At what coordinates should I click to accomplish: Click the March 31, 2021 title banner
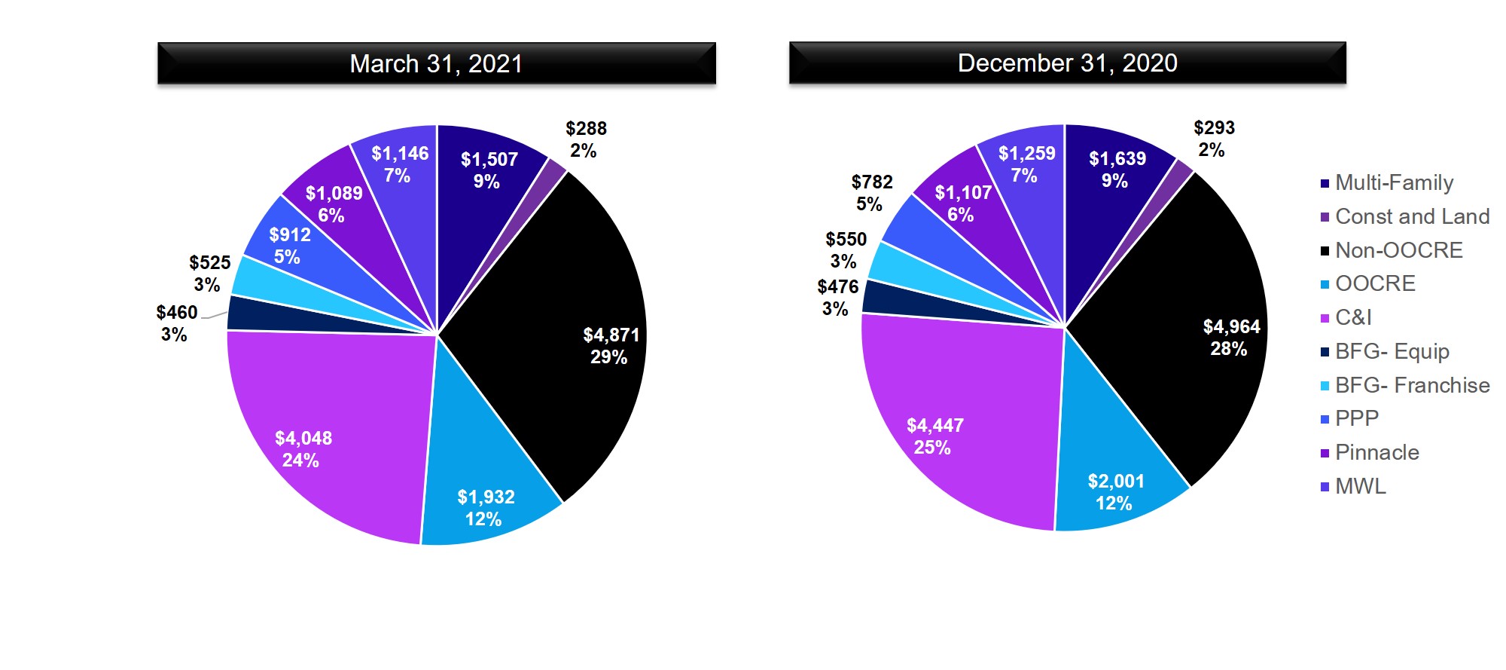click(436, 63)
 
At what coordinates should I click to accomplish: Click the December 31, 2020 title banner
click(1067, 63)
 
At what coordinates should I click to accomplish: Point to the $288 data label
click(586, 129)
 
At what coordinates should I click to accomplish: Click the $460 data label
click(176, 313)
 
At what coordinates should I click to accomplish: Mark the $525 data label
click(209, 263)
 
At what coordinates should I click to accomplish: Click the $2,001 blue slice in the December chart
click(1114, 467)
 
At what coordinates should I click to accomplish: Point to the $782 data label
click(872, 182)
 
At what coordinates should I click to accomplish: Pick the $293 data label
click(1214, 128)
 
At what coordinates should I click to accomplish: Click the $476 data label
click(837, 287)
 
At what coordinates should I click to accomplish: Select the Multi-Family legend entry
click(1393, 182)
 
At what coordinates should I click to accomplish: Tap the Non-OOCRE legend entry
click(1398, 250)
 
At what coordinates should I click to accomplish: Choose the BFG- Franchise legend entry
click(1411, 385)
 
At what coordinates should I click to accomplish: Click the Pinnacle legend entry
click(1376, 452)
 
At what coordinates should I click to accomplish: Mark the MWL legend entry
click(1360, 486)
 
